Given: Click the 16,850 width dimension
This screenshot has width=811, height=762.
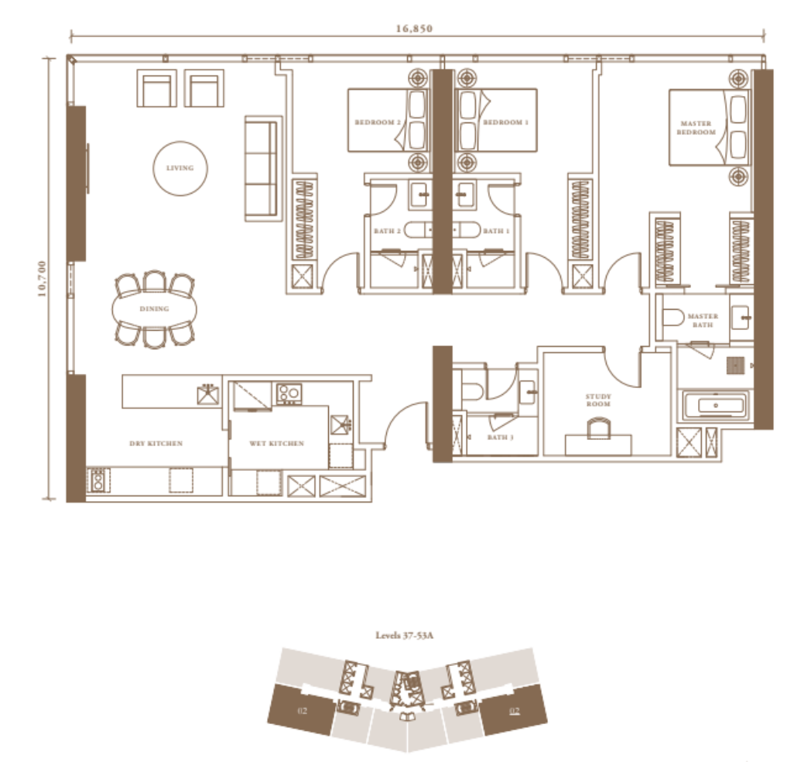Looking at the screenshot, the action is (x=414, y=29).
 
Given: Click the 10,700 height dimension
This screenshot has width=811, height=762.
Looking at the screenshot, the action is (x=42, y=279).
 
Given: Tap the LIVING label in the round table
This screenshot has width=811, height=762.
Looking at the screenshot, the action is (x=180, y=168).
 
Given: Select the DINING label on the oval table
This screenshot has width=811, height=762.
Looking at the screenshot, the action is (x=154, y=309).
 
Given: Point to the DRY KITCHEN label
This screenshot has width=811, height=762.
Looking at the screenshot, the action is (x=156, y=444).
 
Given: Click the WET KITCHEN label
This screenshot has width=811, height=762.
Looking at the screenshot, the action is (x=277, y=444).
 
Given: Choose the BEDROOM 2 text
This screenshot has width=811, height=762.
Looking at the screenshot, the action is (x=378, y=122).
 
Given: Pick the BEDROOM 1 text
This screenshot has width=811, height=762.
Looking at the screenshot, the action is (x=505, y=122).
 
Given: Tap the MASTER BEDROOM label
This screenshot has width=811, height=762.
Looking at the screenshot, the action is (x=696, y=128).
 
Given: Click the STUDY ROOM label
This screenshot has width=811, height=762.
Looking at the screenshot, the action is (x=598, y=400).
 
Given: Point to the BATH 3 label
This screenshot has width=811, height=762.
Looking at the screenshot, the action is (x=500, y=438).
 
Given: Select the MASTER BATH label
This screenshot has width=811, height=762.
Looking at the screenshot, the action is (x=703, y=321).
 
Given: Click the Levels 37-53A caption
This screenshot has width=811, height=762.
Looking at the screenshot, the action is (x=405, y=635).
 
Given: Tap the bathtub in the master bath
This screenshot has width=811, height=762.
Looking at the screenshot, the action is (x=715, y=405).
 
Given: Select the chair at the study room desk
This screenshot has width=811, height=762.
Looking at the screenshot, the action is (x=598, y=429).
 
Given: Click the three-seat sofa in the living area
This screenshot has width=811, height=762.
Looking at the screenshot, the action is (x=263, y=168).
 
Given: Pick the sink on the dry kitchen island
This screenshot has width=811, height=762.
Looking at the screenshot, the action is (x=208, y=394).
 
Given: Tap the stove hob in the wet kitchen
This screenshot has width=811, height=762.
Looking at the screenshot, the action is (x=289, y=393).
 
